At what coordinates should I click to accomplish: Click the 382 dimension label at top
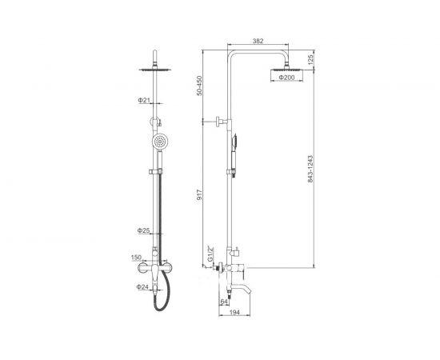point(258,41)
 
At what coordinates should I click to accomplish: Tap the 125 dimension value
point(310,60)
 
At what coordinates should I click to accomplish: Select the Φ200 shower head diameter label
point(286,78)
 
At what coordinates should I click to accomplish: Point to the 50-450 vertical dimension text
point(199,86)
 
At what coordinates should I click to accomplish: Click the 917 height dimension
point(199,194)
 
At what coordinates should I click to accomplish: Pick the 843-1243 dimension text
point(310,169)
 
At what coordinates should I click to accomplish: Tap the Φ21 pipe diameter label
point(144,100)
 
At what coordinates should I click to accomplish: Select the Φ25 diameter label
point(143,230)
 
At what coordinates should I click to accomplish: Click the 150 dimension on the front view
point(136,258)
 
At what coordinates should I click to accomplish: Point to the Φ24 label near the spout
point(142,286)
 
